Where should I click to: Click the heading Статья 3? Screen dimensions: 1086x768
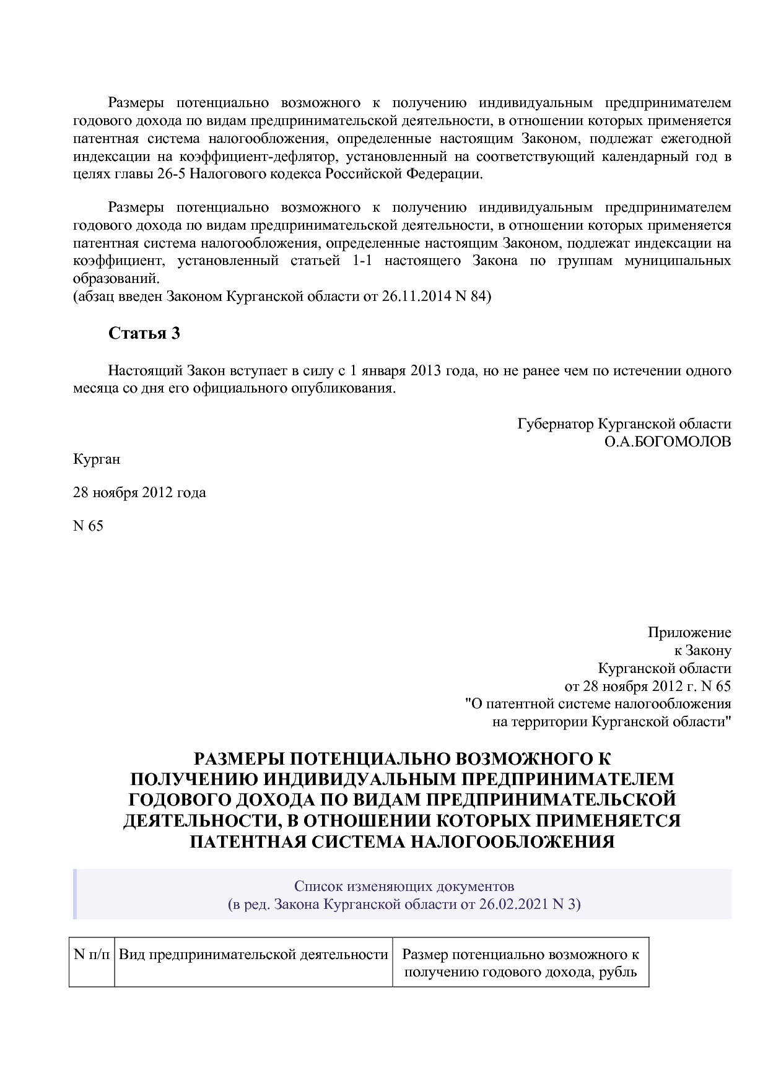point(144,333)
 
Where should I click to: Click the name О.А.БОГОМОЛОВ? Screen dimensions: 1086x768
point(667,442)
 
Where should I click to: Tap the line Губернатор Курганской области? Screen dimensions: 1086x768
point(624,424)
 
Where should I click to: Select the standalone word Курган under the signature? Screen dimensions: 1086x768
point(97,459)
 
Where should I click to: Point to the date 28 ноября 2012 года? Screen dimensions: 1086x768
point(139,493)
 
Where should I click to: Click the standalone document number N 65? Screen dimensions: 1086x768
point(88,526)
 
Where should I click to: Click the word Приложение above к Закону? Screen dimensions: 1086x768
point(689,633)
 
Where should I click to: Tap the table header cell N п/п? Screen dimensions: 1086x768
point(92,954)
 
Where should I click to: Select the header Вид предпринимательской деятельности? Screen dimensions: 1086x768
point(253,955)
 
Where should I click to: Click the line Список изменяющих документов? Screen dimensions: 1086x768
point(404,886)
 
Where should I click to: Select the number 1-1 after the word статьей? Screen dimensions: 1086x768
point(361,261)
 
